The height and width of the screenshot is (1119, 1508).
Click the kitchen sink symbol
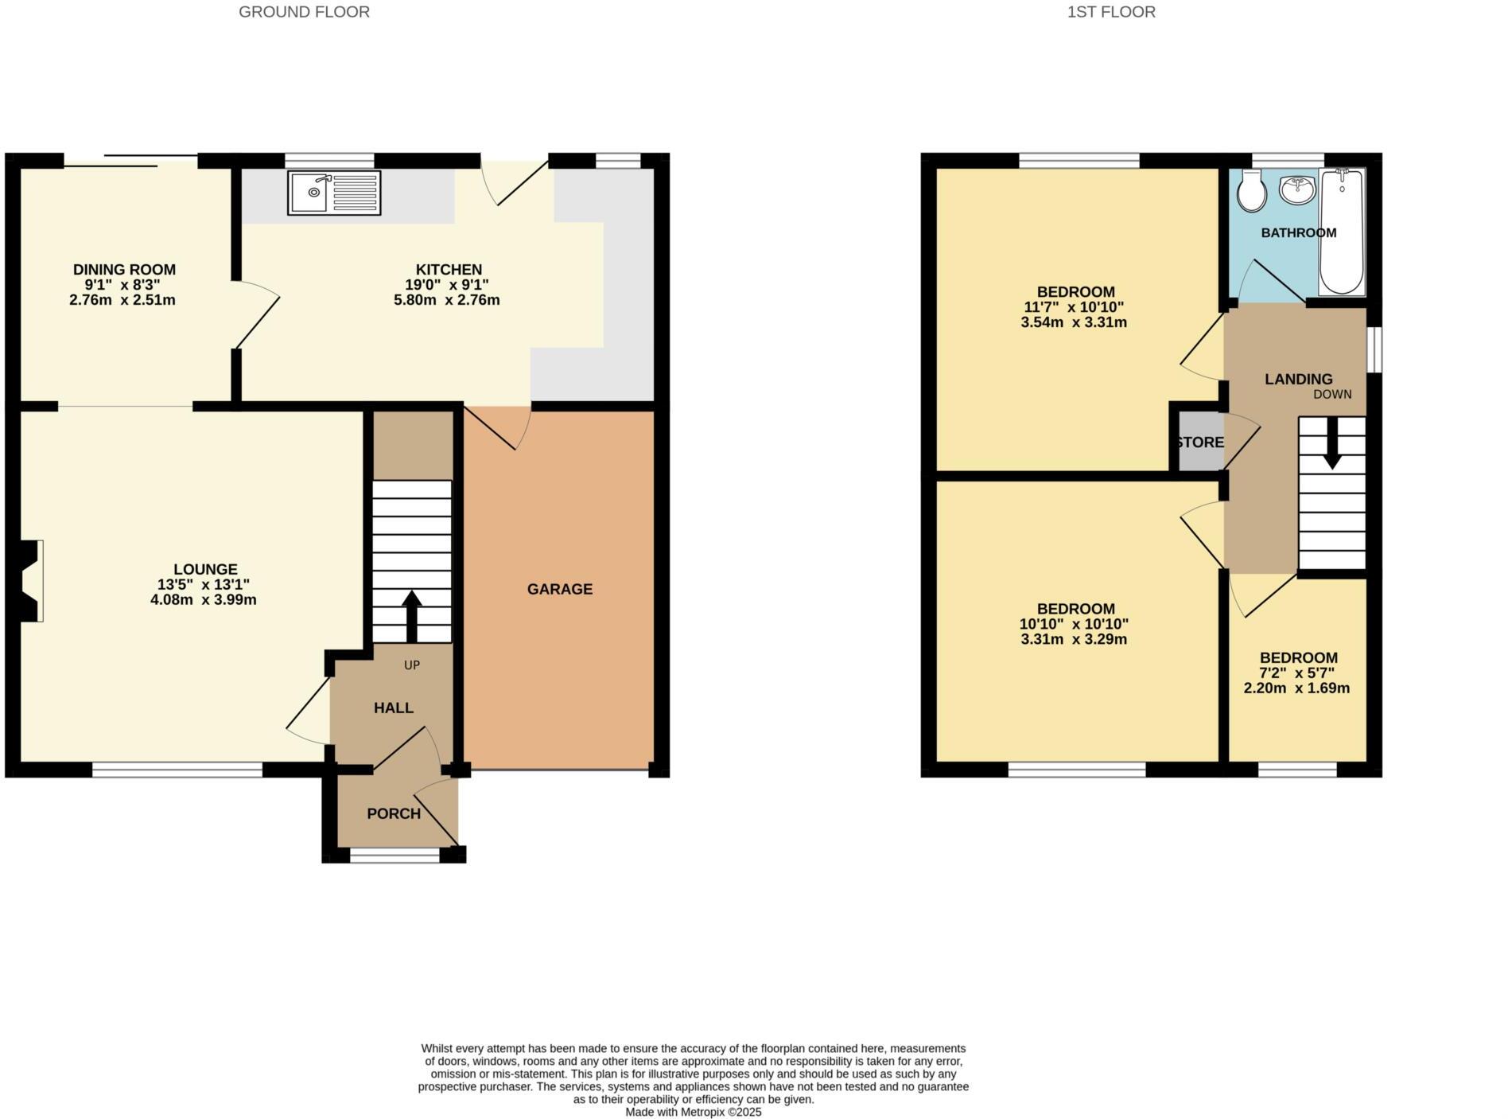[334, 193]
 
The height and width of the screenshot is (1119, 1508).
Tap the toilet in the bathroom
[1252, 192]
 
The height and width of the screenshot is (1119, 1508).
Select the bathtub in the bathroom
[1342, 232]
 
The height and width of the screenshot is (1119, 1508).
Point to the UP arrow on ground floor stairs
[411, 615]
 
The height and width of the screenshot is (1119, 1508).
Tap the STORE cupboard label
[1200, 443]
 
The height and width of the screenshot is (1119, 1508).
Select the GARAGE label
[559, 589]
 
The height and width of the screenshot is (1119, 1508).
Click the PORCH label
[394, 813]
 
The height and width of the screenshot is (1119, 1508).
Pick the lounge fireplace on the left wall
[30, 580]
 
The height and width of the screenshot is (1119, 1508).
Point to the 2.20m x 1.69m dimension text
[1296, 688]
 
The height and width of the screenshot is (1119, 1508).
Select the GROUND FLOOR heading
[304, 12]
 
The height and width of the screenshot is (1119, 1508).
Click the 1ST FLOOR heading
[1111, 12]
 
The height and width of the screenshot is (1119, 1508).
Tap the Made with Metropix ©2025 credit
[693, 1112]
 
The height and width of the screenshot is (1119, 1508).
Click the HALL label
[394, 708]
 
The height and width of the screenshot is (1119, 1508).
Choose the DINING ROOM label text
[124, 270]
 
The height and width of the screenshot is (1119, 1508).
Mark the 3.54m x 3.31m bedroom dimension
[1074, 322]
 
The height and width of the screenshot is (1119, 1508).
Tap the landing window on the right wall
[1375, 349]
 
